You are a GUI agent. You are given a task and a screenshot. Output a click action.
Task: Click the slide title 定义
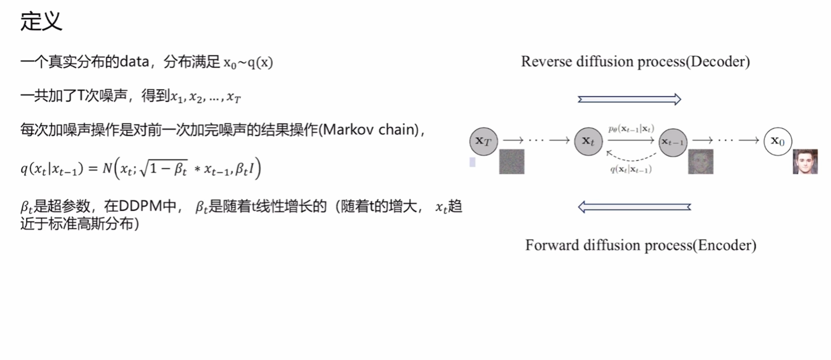(x=41, y=21)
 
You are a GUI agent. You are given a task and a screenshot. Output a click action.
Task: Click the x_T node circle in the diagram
(x=484, y=141)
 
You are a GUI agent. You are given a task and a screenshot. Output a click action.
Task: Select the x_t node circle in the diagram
(x=589, y=141)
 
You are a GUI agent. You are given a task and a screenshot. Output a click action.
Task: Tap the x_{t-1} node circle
(x=673, y=142)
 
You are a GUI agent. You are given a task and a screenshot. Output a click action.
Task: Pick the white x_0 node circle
(x=778, y=141)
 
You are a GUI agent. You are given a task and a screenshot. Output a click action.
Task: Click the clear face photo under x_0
(x=805, y=162)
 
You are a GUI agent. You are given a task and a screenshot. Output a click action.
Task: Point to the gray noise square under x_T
(x=512, y=162)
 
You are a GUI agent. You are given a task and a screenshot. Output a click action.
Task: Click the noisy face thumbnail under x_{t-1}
(x=700, y=162)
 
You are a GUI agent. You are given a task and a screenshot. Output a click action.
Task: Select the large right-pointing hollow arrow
(x=629, y=99)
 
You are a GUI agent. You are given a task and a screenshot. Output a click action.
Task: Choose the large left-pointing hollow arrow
(x=634, y=207)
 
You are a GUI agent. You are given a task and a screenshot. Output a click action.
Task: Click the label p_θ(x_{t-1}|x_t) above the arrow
(x=631, y=129)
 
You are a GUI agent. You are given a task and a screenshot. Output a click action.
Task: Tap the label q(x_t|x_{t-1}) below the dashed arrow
(x=631, y=170)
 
